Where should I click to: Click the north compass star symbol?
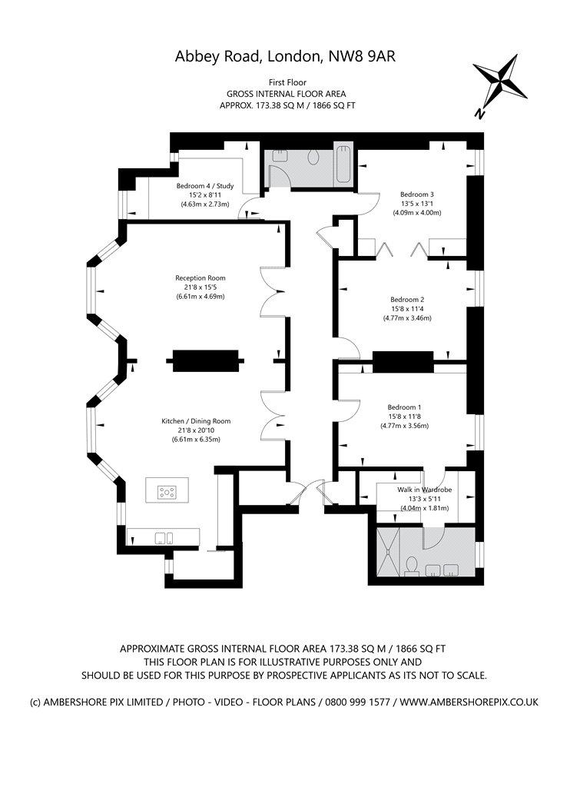pos(499,81)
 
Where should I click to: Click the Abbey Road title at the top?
pos(285,56)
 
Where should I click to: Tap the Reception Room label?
pos(200,278)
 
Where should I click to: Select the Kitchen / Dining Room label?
pos(196,421)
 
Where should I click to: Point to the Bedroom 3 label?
pos(417,194)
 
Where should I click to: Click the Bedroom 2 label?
pos(407,300)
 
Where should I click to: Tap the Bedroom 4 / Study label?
pos(205,186)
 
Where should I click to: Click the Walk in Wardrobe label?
pos(424,490)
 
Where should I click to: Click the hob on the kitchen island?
pos(167,492)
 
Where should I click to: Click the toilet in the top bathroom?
pos(314,157)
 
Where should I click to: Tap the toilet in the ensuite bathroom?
pos(412,566)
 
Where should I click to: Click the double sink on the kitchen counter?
pos(164,538)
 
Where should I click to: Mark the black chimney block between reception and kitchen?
pos(205,360)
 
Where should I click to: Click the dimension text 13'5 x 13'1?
pos(417,204)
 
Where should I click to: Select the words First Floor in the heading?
pos(287,82)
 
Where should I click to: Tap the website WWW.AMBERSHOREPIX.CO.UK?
pos(469,702)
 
